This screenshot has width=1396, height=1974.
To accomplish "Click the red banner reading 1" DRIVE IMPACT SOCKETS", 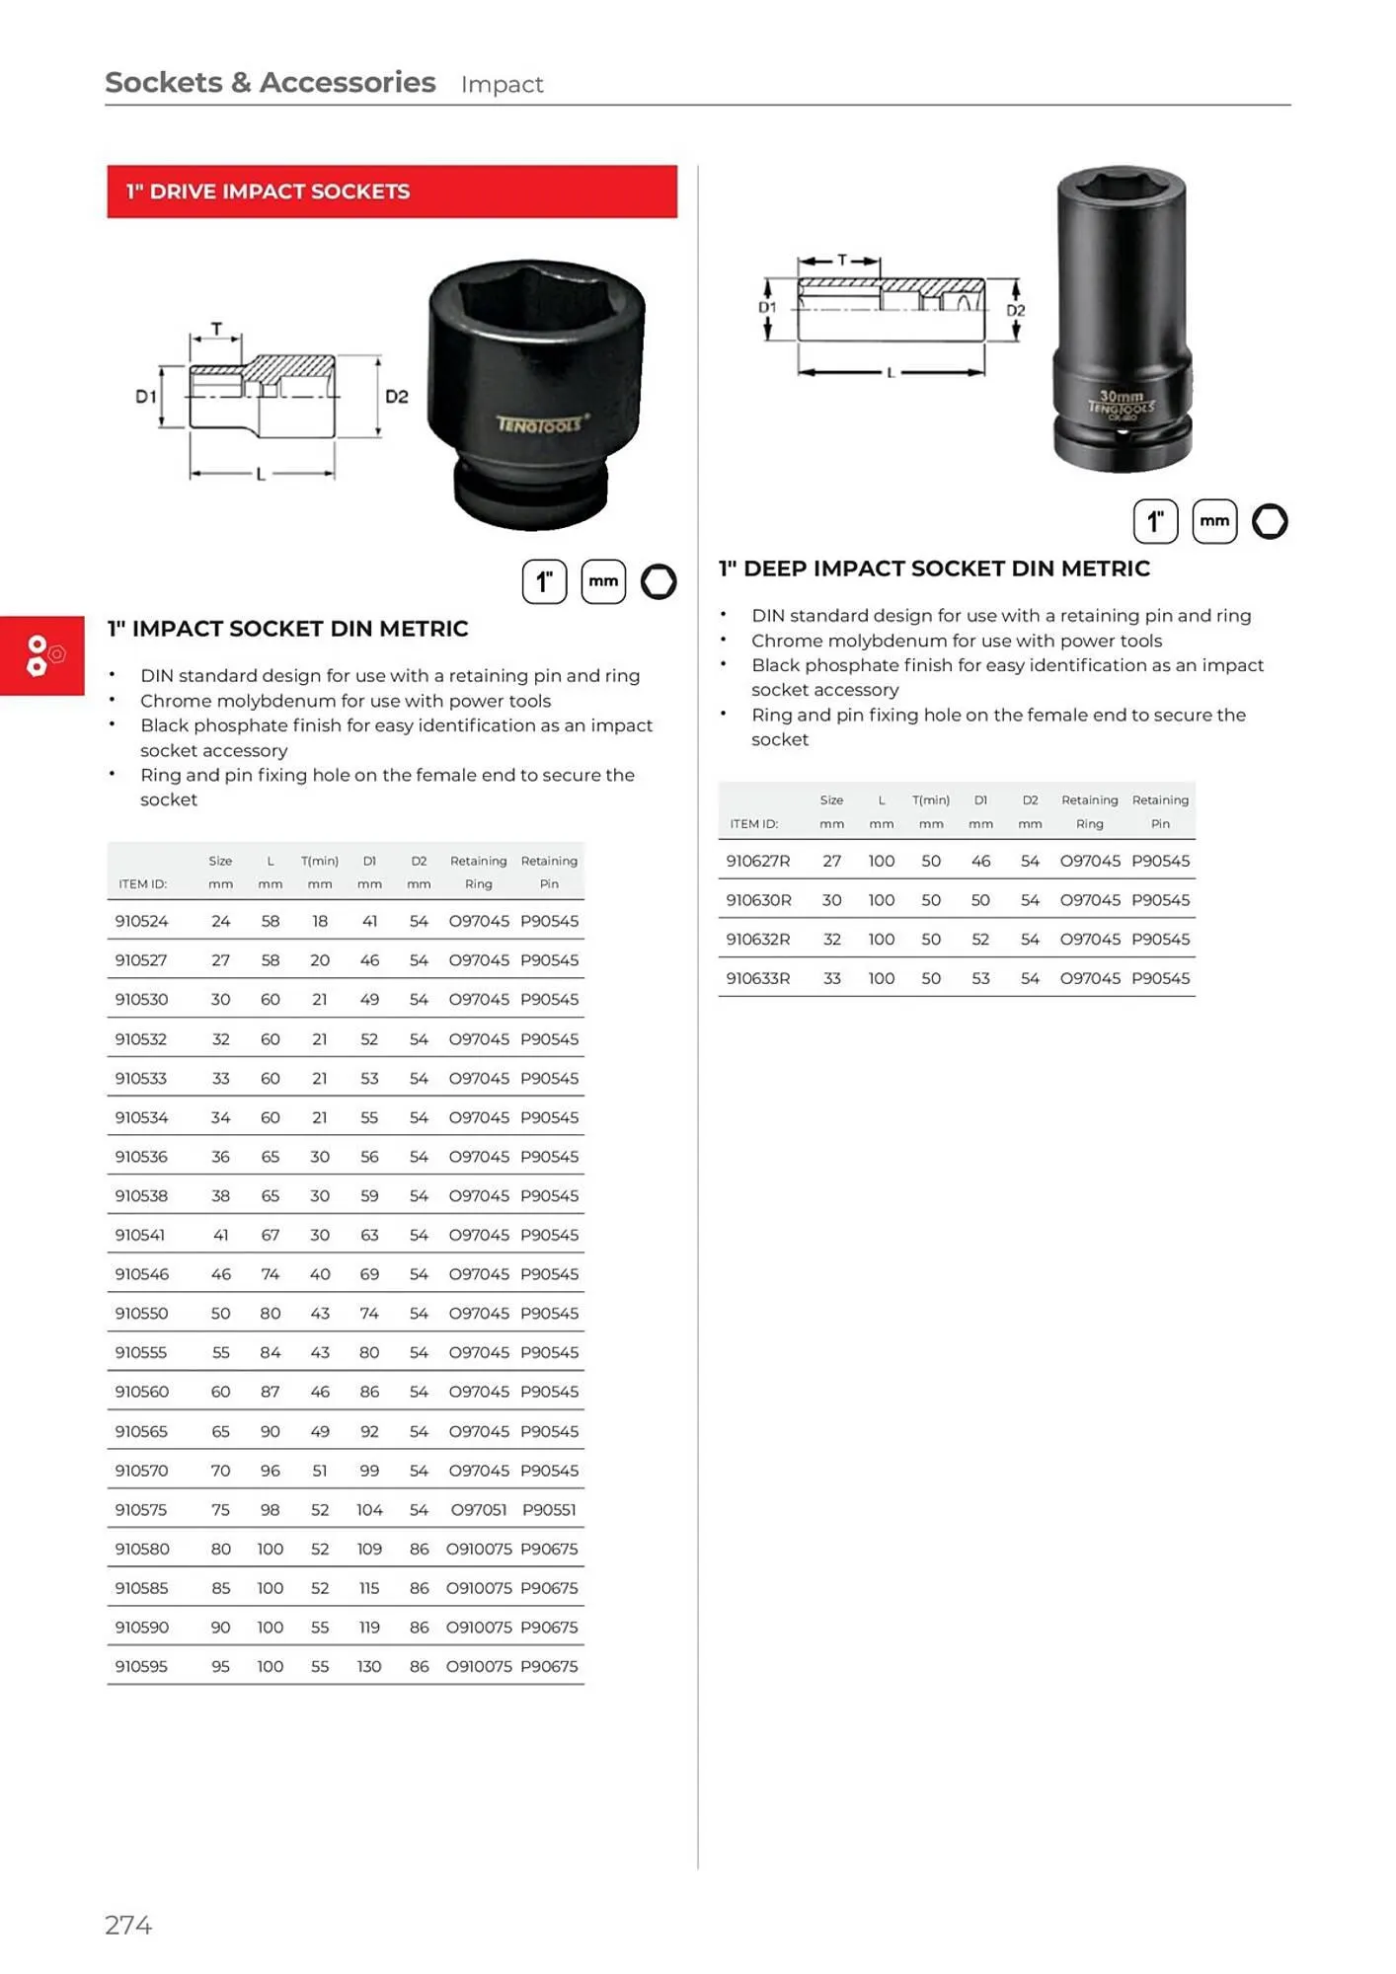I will (391, 191).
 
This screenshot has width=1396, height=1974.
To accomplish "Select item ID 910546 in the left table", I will (141, 1274).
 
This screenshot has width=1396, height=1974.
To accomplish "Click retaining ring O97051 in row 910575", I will (478, 1510).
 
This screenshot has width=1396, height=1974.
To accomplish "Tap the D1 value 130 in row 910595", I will (369, 1667).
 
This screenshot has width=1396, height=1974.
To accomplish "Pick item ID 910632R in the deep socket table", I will (757, 940).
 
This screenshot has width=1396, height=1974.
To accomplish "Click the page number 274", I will (128, 1926).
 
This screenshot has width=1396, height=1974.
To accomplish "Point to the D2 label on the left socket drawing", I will (396, 397).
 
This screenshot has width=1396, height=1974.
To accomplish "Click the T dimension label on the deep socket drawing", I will (841, 261).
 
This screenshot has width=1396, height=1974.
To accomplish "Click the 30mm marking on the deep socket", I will (1121, 396).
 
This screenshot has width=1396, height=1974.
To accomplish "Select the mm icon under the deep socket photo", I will (1214, 521).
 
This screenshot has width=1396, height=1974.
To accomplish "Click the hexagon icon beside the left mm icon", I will (659, 581).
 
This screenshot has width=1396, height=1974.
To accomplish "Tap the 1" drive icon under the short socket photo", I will (544, 581).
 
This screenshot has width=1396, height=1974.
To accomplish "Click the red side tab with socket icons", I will (42, 655).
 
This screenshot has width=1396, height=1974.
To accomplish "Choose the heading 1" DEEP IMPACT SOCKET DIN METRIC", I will (934, 569).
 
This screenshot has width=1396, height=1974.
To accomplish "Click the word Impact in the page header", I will (502, 85).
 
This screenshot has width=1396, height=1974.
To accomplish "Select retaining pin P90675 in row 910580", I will (549, 1550).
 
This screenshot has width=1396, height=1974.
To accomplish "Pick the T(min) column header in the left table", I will (320, 862).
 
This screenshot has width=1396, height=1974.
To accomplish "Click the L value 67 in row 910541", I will (270, 1236).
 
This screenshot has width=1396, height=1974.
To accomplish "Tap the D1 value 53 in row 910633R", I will (980, 979).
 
